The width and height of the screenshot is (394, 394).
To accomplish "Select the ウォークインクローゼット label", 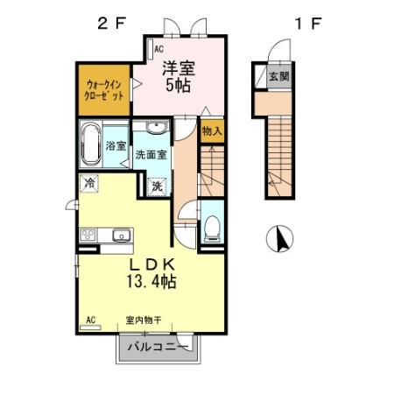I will pos(103,89).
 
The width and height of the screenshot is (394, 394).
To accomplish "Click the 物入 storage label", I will pos(211,132).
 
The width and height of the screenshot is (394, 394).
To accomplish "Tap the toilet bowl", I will pos(210,227).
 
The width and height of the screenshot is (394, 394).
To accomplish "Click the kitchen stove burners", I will pos(89,235).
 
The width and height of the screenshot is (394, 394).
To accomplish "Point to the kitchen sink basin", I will pos(121,234).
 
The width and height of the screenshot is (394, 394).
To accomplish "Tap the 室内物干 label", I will pos(143,320).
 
